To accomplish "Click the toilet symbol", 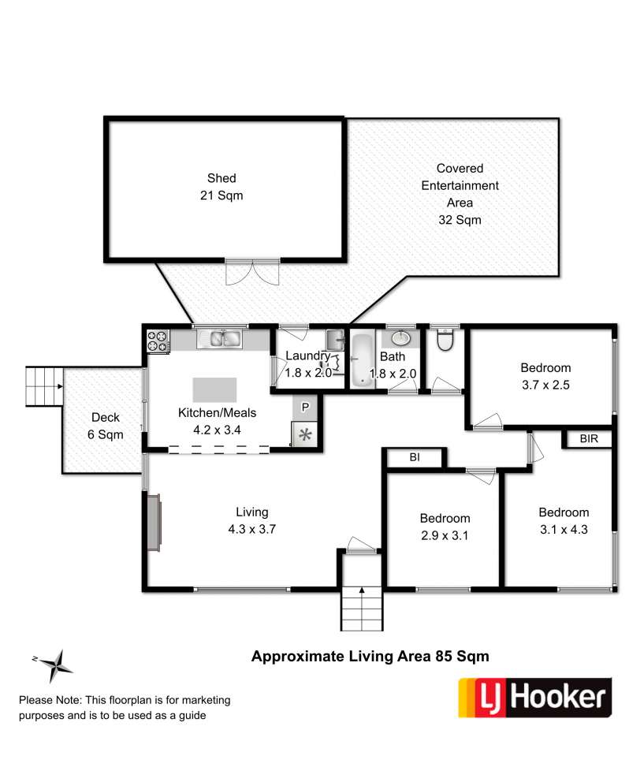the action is (445, 340).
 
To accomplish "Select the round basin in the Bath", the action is (400, 338).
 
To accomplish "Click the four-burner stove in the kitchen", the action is (158, 341).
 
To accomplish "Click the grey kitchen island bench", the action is (214, 389).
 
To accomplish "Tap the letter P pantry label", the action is (305, 408).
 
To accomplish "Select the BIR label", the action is (589, 439).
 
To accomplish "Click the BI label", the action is (415, 457).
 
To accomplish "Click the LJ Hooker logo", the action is (534, 697).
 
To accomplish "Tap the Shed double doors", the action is (252, 272).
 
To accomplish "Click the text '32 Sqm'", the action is (460, 220).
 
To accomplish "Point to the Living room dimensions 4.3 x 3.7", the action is (252, 529).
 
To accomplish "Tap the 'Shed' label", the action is (221, 178).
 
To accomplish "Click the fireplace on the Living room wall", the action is (154, 523).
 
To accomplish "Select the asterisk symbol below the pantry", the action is (305, 435).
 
